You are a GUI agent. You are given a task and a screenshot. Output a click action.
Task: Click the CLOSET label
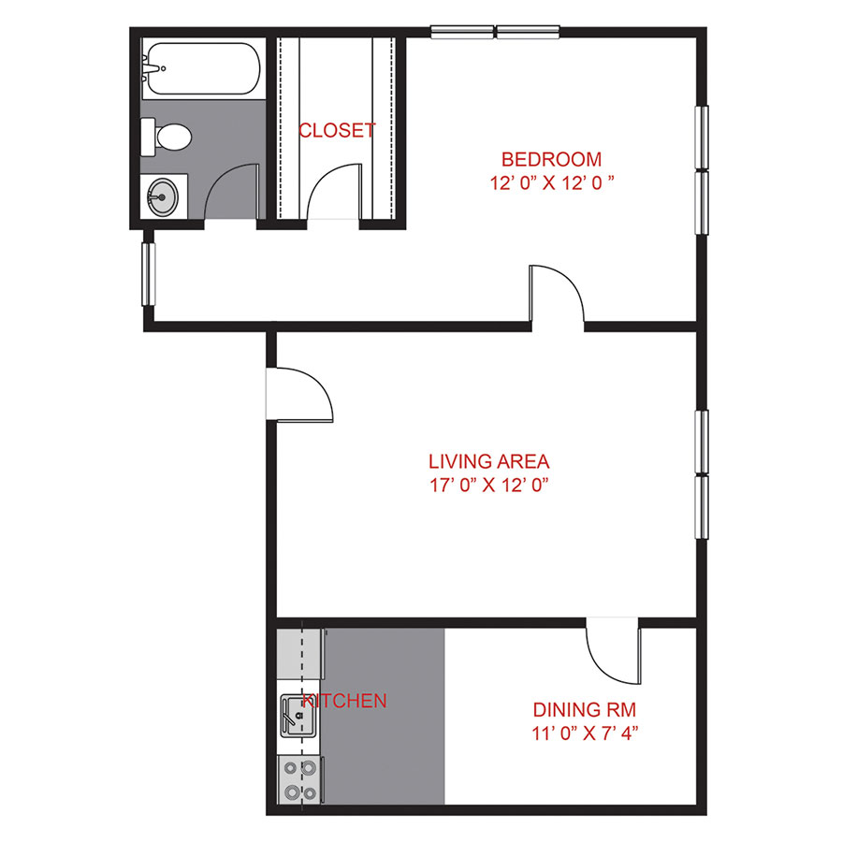[337, 131]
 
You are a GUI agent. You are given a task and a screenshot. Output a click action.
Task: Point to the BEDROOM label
[551, 159]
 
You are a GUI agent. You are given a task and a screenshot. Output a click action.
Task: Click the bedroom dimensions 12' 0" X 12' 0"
[551, 183]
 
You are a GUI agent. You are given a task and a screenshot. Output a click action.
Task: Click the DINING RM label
[577, 710]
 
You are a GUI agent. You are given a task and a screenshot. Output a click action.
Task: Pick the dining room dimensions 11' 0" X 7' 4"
[577, 733]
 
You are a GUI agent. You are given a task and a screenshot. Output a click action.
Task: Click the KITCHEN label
[345, 701]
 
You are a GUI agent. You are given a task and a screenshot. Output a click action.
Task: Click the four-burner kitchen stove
[300, 780]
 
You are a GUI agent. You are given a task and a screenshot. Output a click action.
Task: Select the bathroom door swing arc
[229, 192]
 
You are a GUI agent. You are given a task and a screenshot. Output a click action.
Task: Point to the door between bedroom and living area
[558, 297]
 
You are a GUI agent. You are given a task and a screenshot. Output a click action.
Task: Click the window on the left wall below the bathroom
[148, 272]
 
